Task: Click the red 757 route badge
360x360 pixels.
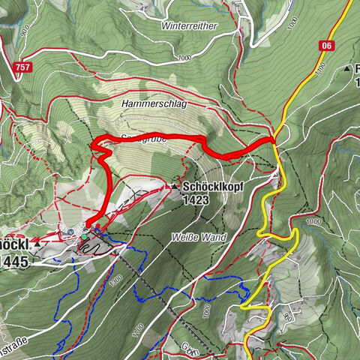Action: [x=22, y=67]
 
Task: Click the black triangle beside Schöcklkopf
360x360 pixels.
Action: [x=174, y=186]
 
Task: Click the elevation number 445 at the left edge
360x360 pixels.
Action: [x=15, y=261]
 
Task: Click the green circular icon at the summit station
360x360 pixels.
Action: [x=85, y=237]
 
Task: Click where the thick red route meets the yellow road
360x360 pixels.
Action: [x=273, y=139]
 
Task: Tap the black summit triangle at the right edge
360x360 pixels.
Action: [x=348, y=69]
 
